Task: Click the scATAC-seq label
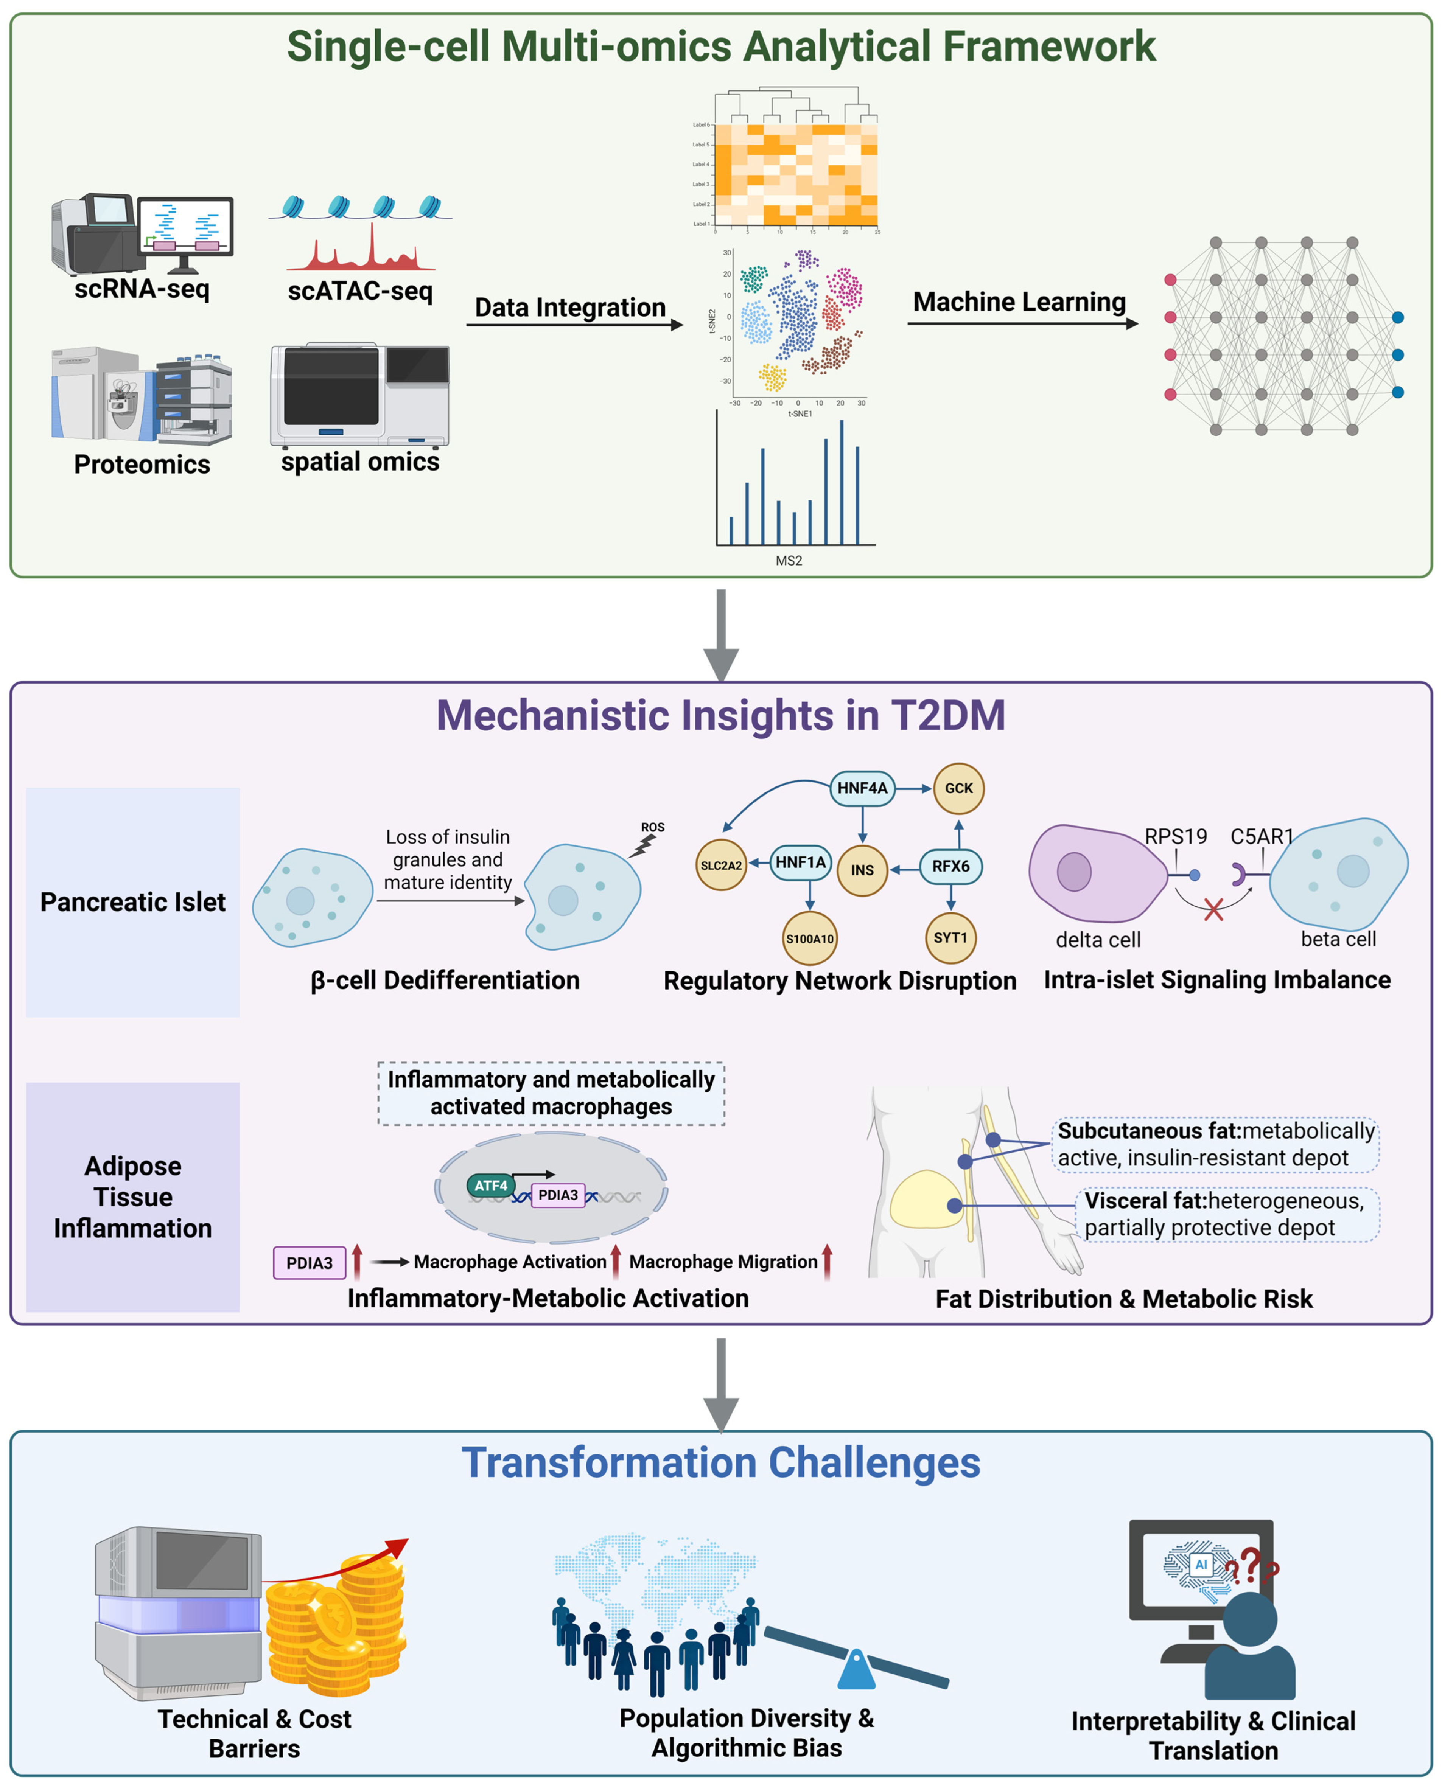click(360, 291)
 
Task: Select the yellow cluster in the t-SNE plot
click(773, 377)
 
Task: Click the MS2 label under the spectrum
click(788, 561)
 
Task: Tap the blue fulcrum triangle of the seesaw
click(856, 1672)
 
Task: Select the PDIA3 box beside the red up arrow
click(309, 1262)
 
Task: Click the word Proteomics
click(142, 464)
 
